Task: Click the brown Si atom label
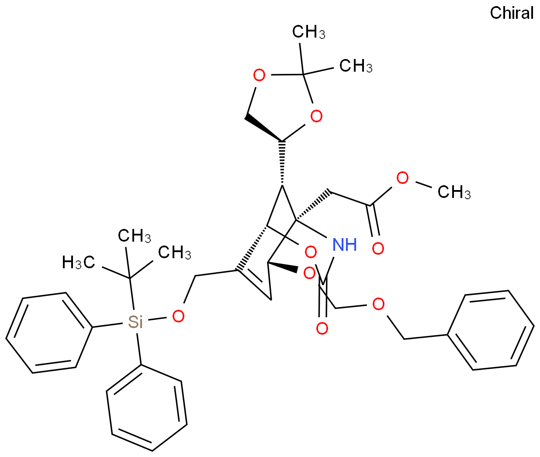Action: tap(135, 322)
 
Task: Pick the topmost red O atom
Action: tap(259, 76)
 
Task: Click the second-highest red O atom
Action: tap(316, 116)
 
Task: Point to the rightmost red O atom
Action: tap(402, 178)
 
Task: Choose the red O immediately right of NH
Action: tap(378, 249)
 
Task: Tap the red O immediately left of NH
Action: tap(311, 252)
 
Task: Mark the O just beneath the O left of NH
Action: tap(309, 274)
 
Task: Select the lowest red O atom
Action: tap(322, 329)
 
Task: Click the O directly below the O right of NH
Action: tap(378, 304)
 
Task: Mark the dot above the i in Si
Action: tap(141, 317)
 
